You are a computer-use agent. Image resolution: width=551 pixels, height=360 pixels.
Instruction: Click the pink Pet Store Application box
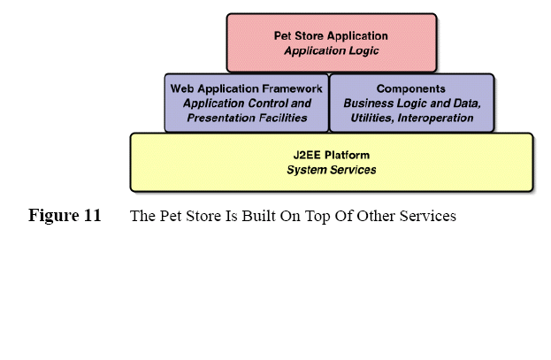331,42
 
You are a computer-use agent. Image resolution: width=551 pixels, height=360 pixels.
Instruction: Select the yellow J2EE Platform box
331,162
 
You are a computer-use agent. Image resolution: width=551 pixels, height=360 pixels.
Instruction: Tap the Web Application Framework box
246,103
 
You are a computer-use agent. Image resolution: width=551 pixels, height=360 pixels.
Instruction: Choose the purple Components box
411,103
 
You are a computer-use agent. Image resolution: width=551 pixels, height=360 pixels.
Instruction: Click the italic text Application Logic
331,51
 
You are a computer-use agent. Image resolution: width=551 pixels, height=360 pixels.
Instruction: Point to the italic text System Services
331,170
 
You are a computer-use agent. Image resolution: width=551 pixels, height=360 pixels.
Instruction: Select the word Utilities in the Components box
371,118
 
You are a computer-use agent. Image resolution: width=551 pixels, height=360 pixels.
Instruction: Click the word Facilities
282,118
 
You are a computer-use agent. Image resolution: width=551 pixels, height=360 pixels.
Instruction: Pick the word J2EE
308,155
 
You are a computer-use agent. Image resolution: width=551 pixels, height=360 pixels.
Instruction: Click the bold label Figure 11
65,216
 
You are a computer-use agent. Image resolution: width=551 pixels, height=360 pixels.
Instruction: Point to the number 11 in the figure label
92,216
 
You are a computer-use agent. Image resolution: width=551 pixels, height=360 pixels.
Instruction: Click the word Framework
282,88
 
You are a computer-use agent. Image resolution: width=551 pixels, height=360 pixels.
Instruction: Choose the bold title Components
411,88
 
